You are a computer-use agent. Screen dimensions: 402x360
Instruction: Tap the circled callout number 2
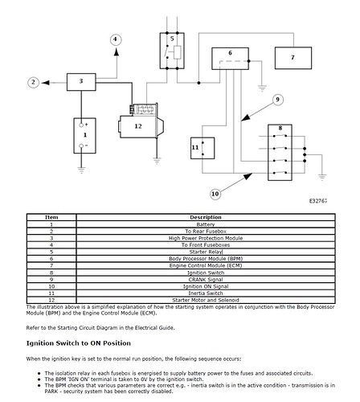point(34,81)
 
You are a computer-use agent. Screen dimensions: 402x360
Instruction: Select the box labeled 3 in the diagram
point(81,81)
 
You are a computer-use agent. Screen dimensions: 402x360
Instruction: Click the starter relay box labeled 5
point(172,50)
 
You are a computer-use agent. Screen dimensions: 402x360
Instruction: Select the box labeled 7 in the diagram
point(292,58)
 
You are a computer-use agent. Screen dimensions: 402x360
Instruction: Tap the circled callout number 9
point(278,100)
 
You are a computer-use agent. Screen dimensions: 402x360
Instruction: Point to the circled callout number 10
point(215,194)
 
